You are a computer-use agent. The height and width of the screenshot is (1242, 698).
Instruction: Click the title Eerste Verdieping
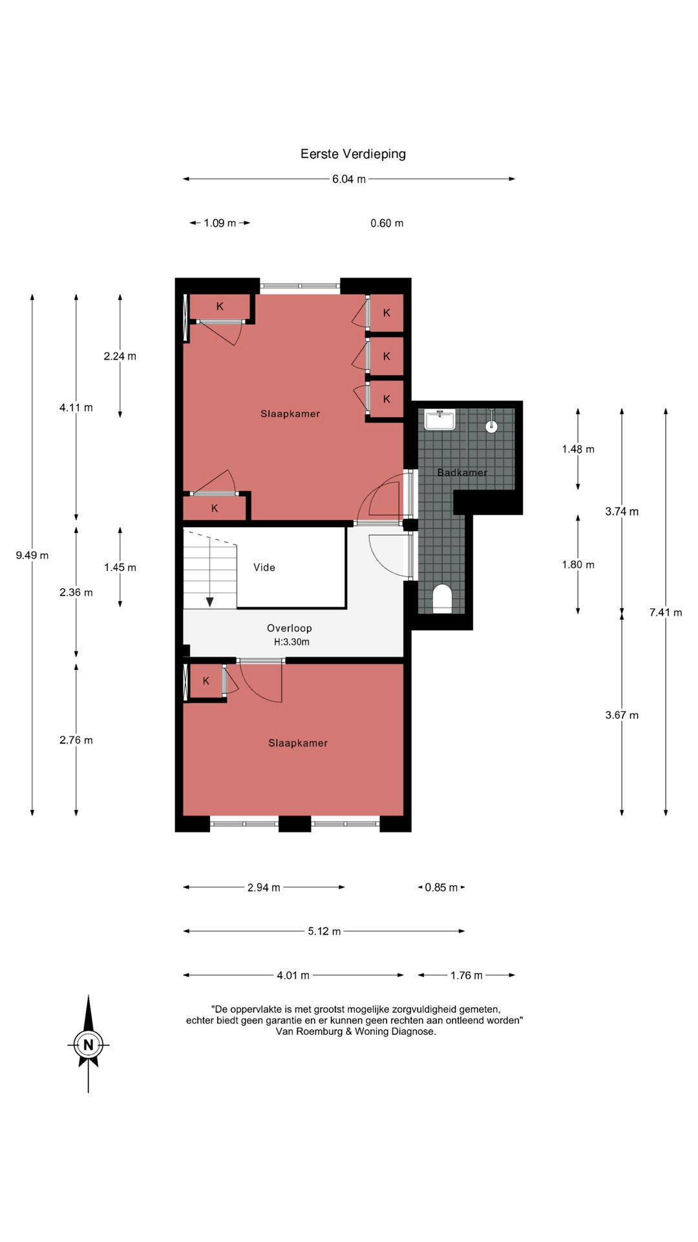point(353,154)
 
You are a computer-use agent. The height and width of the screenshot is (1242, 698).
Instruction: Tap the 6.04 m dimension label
point(349,179)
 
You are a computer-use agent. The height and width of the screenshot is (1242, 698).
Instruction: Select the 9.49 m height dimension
point(32,555)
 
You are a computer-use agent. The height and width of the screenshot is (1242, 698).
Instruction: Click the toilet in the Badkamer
point(442,598)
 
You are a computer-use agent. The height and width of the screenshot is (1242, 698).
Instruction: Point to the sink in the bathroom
point(440,420)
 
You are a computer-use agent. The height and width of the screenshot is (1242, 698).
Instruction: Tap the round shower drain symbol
point(492,426)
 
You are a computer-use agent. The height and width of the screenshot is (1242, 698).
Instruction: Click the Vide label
point(264,567)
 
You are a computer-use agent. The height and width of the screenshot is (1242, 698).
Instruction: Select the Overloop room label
point(290,628)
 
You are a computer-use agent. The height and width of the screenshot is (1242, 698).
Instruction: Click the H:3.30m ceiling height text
point(291,642)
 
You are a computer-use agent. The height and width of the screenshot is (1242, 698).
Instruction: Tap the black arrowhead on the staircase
point(210,602)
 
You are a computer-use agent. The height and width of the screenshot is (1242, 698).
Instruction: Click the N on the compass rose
point(89,1045)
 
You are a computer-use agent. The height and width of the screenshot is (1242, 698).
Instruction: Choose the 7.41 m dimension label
point(666,612)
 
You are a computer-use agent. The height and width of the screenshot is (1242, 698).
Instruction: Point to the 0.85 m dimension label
point(441,888)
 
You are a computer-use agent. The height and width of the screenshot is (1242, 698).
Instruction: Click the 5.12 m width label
point(324,931)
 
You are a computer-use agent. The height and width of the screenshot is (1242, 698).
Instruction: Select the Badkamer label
point(462,473)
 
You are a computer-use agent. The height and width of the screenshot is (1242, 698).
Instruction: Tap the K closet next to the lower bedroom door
point(206,681)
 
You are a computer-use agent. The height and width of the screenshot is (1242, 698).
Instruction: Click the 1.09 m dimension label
point(220,223)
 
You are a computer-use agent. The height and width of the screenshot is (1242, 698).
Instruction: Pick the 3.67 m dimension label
point(622,715)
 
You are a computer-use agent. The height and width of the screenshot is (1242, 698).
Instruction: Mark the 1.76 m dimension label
point(467,975)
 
